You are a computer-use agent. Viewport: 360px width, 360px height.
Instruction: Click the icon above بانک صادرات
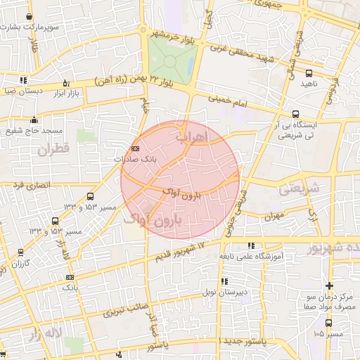136,148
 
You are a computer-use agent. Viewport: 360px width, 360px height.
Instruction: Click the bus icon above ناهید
308,73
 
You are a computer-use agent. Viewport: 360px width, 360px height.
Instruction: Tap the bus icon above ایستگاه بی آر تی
295,114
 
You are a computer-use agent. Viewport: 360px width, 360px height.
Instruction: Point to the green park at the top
171,60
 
